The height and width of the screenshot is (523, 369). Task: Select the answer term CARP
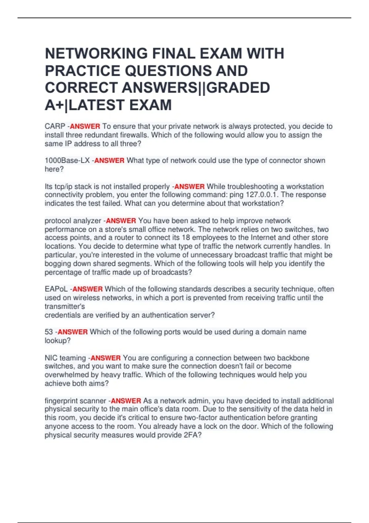pos(55,126)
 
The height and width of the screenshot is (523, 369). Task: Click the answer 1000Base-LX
pos(67,161)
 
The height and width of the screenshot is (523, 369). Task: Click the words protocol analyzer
pos(73,221)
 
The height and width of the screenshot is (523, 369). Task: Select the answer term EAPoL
pos(56,289)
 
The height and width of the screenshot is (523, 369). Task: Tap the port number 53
pos(49,332)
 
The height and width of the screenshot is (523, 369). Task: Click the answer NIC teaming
pos(65,358)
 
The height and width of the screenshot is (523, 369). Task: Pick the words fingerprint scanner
pos(75,401)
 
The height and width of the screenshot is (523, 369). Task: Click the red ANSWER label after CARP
pos(85,126)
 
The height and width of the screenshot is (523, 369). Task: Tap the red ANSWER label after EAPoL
pos(87,289)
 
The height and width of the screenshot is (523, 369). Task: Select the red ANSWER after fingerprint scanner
pos(126,401)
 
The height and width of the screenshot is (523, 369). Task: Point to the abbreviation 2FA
pos(192,435)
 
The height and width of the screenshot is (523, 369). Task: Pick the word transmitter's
pos(65,306)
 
